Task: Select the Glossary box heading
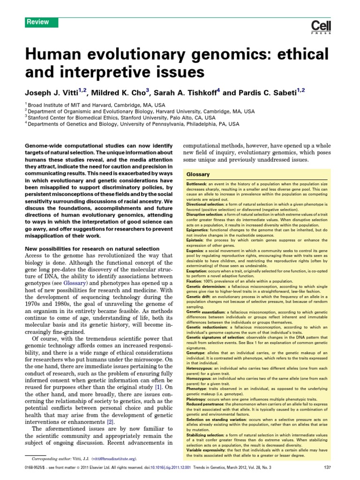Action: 198,174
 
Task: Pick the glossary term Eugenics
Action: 196,251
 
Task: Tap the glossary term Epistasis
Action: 196,240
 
